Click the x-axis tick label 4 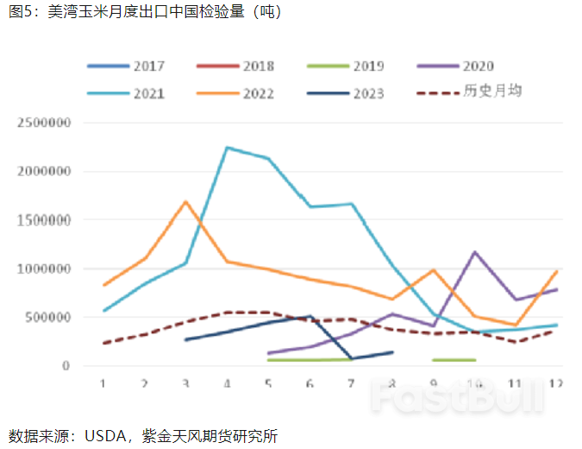click(227, 383)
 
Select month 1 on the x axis click(103, 383)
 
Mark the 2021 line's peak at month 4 click(227, 148)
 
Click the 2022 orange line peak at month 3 click(185, 202)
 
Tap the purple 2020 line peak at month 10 click(474, 252)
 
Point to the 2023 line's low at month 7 click(351, 358)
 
